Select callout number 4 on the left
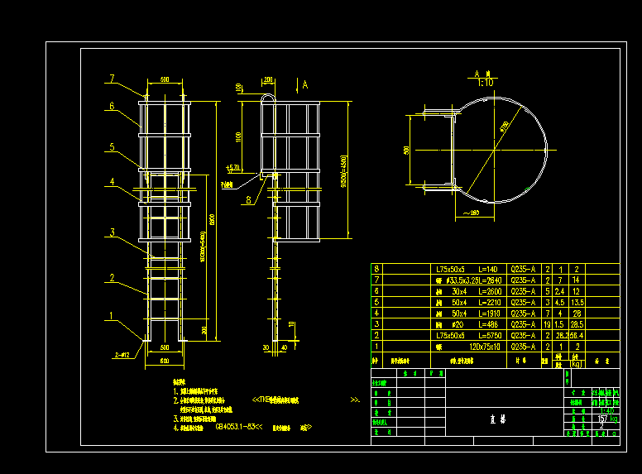[112, 182]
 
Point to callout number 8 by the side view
[248, 199]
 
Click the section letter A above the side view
[305, 84]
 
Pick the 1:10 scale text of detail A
[485, 83]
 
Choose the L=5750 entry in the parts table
[477, 336]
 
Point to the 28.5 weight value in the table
[577, 324]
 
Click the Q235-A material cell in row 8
[524, 270]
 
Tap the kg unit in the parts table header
[577, 364]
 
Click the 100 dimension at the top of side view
[238, 88]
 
